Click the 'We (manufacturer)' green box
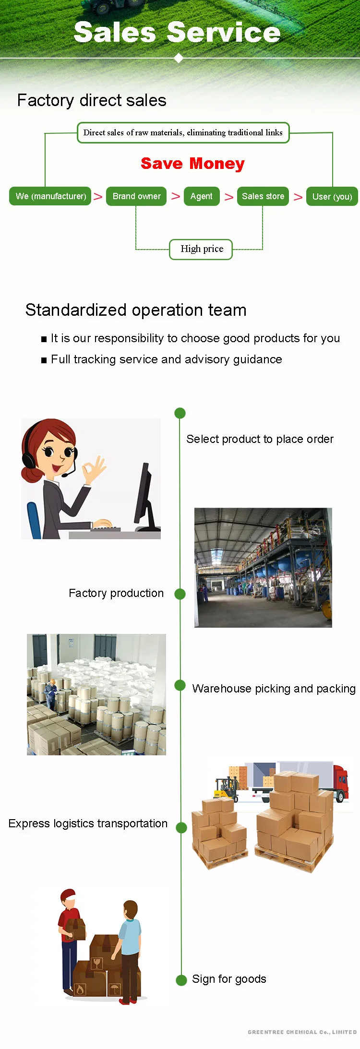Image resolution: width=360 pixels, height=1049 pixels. point(50,196)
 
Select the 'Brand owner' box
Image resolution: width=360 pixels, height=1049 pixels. point(136,196)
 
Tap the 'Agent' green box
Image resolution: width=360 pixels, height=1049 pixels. point(201,196)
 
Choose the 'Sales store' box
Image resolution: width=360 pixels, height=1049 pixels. point(263,196)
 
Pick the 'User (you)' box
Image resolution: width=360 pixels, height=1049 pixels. point(332,197)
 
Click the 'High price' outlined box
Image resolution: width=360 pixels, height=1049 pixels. point(202,249)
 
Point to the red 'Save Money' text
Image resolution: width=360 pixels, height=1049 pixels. point(192,164)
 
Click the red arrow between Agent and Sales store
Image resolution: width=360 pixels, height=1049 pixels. point(229,197)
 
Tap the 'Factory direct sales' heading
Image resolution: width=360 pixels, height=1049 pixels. point(92,100)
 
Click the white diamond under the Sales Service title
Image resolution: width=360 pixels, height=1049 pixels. point(179,59)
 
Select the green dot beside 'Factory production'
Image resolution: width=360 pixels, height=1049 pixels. point(180,594)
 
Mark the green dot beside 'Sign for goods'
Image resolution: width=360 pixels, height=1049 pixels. point(181,980)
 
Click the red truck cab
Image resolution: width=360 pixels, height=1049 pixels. point(341,780)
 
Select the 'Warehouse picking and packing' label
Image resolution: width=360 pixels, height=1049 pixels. point(274,689)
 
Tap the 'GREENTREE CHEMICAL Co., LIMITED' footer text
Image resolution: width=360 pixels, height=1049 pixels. point(302,1032)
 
